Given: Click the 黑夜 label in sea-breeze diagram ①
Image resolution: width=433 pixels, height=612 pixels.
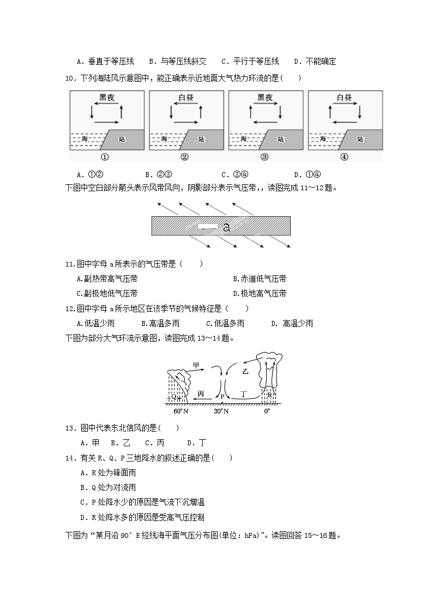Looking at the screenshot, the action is pos(106,98).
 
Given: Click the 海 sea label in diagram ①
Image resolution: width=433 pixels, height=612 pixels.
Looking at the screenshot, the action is pos(85,140).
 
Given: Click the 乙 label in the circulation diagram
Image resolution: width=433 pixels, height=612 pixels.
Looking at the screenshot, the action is pos(245,371).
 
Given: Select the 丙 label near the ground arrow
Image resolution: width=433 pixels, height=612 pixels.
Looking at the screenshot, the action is pos(201,393).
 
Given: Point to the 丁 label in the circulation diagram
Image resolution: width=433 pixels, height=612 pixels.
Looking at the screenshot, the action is pos(244,393).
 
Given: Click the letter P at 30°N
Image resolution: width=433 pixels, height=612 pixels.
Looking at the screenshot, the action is pos(222,396).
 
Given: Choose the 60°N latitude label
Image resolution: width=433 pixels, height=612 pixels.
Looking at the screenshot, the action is pos(181,411).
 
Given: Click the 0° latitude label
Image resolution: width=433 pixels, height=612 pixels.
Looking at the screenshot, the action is pos(267,411).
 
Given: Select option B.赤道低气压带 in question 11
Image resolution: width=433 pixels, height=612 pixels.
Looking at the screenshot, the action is pos(260,279).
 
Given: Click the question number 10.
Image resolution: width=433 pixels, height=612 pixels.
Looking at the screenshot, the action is pos(69,78).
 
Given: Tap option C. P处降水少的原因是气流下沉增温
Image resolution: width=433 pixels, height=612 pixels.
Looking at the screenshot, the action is pos(142,502).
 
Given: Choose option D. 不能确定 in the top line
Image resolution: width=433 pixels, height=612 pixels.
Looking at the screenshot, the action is pos(315,62).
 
